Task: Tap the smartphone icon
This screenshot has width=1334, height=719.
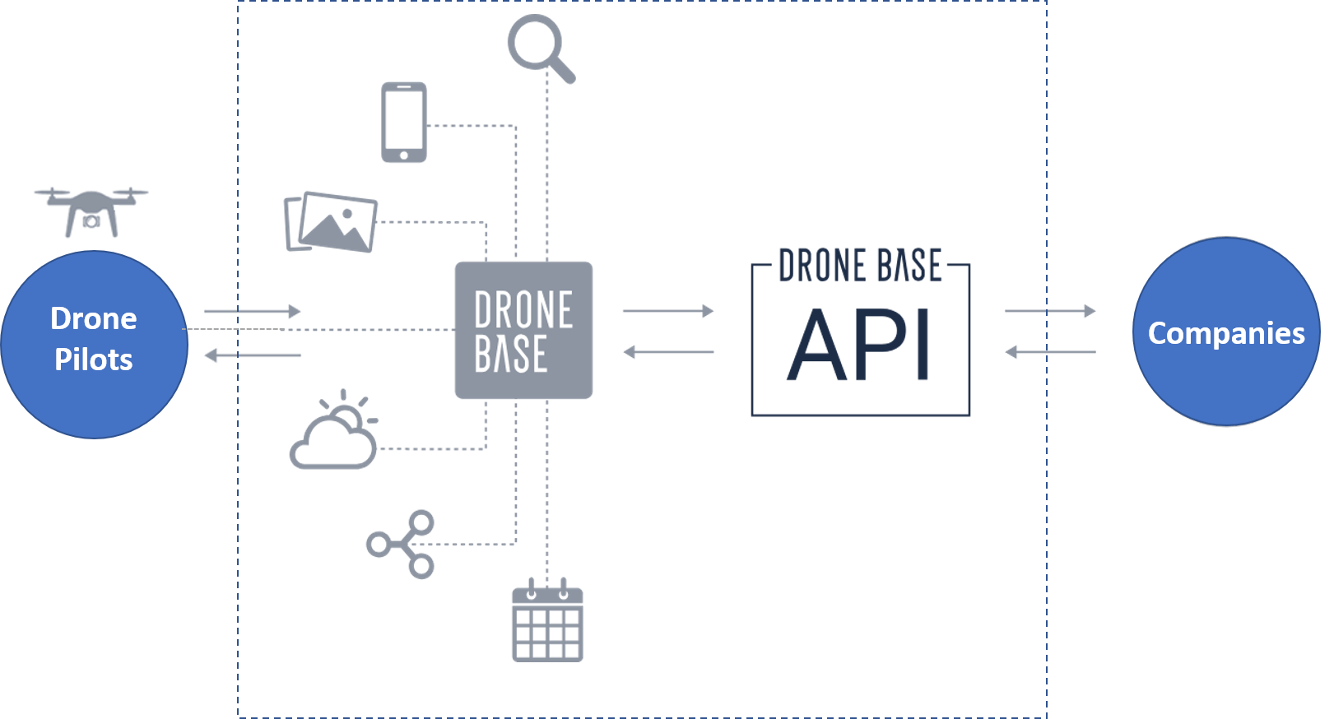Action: click(404, 122)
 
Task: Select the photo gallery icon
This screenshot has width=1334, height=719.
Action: click(331, 222)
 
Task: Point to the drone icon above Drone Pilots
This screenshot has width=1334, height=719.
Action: click(91, 212)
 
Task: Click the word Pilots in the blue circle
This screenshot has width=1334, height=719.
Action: click(94, 359)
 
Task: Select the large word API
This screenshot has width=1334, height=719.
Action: click(858, 344)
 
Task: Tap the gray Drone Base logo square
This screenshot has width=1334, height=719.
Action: click(523, 331)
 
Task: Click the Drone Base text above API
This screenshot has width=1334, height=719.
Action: click(860, 265)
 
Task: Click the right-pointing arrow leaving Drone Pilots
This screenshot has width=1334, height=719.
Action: click(253, 311)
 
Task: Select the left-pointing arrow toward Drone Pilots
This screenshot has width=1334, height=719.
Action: click(253, 355)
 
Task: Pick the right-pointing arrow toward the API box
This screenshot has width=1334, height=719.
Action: click(668, 311)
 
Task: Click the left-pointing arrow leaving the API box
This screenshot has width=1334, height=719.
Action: click(668, 352)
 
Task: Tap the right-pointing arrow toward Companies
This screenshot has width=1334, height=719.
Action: click(1050, 311)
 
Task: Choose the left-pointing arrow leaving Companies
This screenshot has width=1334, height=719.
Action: click(1050, 352)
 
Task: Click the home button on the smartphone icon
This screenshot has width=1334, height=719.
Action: click(404, 155)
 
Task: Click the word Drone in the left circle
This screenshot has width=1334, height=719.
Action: click(94, 318)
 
